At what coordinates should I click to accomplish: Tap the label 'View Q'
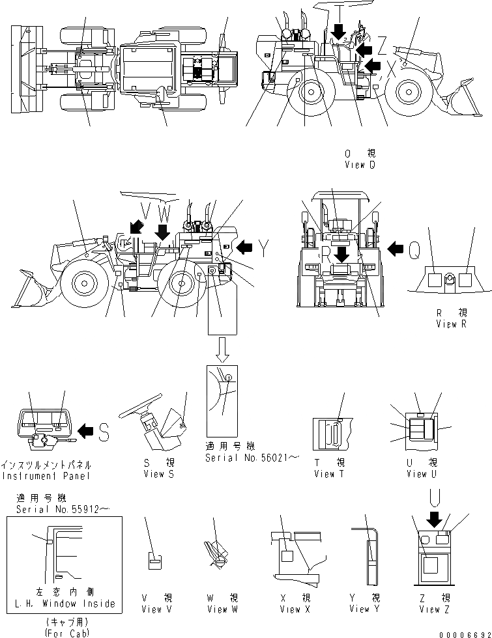(360, 165)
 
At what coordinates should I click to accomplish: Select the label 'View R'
(451, 324)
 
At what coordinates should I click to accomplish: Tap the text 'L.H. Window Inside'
(65, 603)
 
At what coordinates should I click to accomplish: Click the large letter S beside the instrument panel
(104, 430)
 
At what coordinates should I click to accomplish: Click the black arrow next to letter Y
(245, 247)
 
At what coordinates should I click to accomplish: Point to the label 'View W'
(218, 609)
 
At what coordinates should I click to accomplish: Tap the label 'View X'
(290, 609)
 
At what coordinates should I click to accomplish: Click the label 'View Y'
(364, 609)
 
